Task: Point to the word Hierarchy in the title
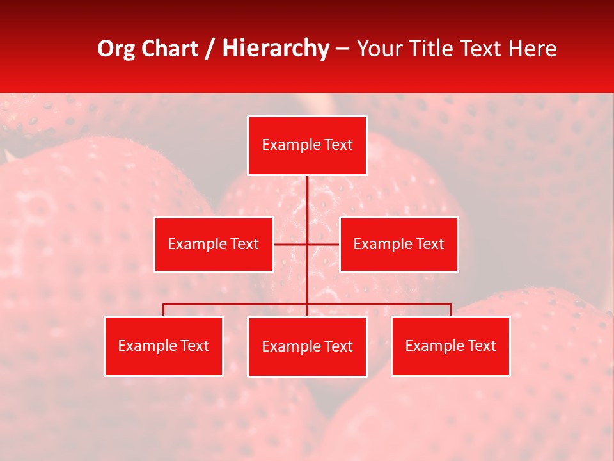tap(275, 49)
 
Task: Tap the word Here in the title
tap(532, 49)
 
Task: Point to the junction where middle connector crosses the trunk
tap(307, 244)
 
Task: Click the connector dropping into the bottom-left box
tap(164, 310)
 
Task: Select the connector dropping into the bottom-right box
tap(450, 310)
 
